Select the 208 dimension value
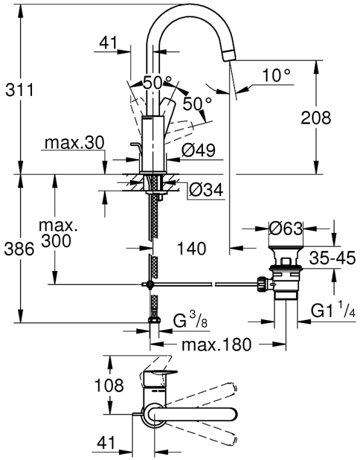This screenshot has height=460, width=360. (x=316, y=118)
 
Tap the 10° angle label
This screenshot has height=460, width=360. (x=276, y=75)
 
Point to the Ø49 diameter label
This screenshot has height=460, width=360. (x=198, y=150)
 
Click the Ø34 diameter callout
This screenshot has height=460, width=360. (x=206, y=190)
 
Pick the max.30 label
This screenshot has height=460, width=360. (x=74, y=143)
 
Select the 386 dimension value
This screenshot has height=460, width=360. (x=19, y=250)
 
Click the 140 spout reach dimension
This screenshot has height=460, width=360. (x=191, y=249)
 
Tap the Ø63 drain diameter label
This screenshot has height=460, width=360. (x=286, y=229)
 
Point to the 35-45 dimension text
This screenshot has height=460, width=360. (x=333, y=258)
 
